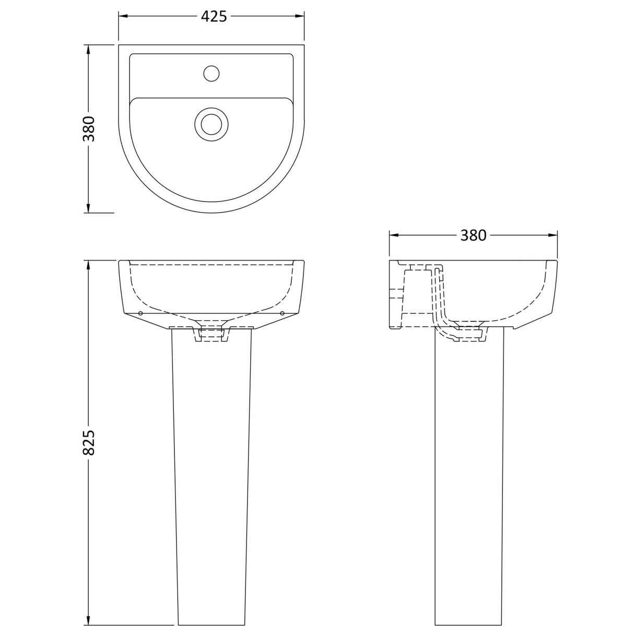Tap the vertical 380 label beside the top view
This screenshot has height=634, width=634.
[88, 128]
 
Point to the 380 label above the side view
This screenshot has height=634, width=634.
[473, 236]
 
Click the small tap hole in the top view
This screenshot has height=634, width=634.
[211, 73]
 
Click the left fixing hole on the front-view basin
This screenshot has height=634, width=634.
[140, 313]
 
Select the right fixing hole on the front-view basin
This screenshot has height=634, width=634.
[282, 313]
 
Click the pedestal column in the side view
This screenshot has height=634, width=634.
[469, 470]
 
